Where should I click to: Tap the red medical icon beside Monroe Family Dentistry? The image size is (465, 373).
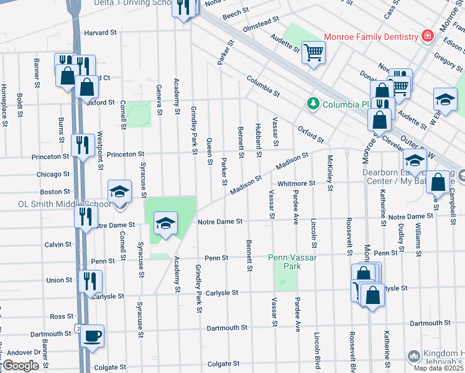[x=427, y=37]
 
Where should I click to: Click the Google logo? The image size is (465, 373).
[x=20, y=365]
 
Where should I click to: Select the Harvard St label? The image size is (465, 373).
[x=100, y=32]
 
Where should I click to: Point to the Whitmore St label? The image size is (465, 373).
[x=297, y=183]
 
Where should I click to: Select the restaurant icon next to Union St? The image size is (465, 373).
[x=90, y=280]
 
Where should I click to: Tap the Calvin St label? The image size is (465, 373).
[x=58, y=245]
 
